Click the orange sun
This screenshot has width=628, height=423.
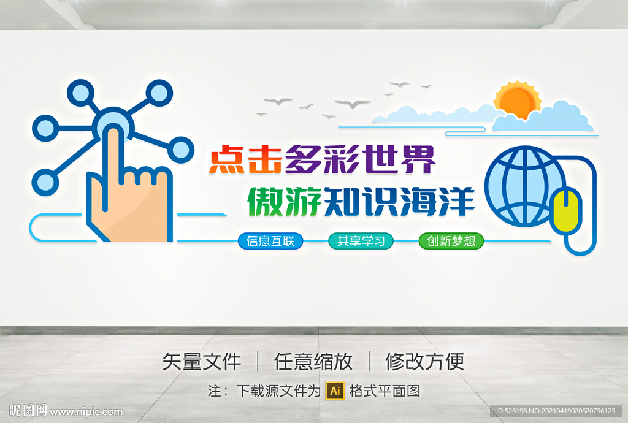coord(518,100)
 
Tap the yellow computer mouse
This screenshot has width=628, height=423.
coord(566,211)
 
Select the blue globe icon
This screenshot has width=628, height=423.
coord(526,186)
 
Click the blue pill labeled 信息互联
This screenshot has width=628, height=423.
coord(270,241)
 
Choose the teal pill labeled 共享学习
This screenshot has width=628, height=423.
coord(361,241)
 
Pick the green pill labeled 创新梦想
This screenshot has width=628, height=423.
coord(451,241)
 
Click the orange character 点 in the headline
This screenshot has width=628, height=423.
coord(227,159)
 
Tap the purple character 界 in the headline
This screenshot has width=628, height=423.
coord(418,159)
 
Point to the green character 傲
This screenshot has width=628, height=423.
coord(266,201)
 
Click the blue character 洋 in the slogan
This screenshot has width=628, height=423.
coord(456,201)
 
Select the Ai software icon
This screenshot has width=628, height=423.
coord(335,391)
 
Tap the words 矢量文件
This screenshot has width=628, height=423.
coord(201,361)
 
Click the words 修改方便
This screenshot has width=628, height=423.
coord(425,361)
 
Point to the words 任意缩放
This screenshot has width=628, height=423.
coord(313,361)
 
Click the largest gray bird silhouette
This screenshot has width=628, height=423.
coord(353,104)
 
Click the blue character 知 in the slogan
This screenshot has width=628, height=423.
coord(342,201)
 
